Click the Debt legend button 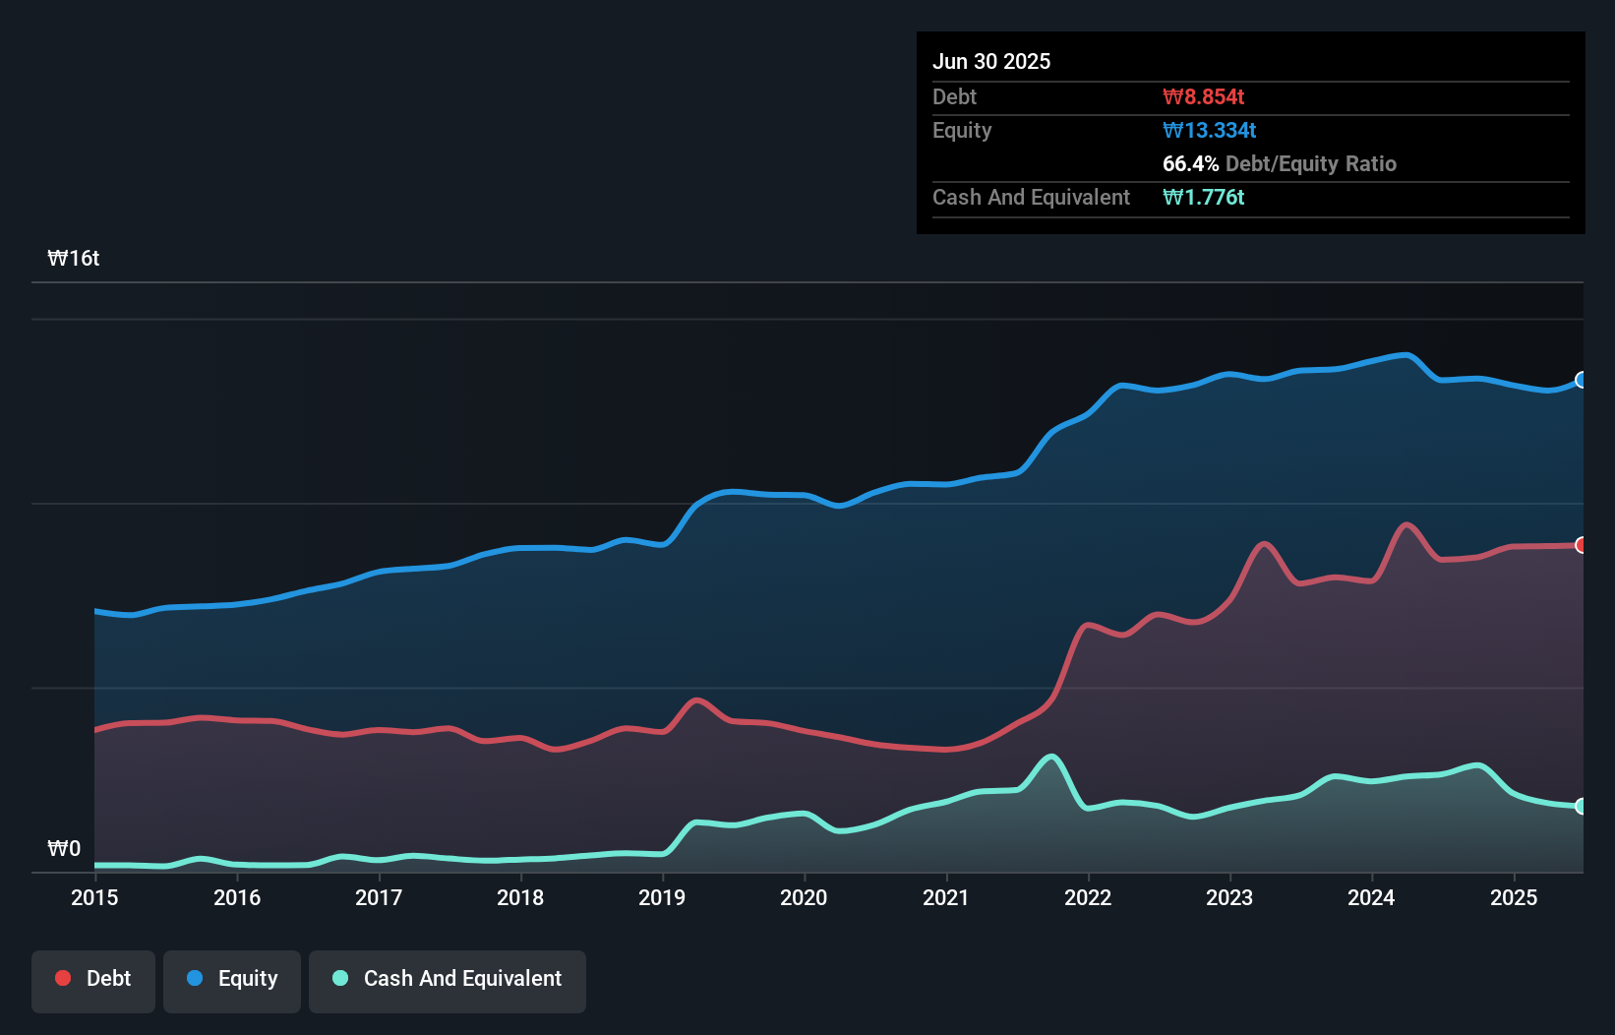pos(93,980)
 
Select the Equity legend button pos(232,980)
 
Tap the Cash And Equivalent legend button pos(448,980)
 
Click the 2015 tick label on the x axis pos(94,897)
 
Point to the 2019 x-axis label pos(662,897)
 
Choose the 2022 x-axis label pos(1088,897)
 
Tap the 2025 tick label pos(1514,897)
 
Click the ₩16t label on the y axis pos(74,259)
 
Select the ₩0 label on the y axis pos(64,848)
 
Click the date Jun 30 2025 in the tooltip pos(991,62)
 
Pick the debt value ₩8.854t pos(1203,97)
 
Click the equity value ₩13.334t pos(1209,131)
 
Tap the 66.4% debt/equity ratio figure pos(1190,164)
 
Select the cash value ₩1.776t pos(1203,198)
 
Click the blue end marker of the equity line pos(1582,380)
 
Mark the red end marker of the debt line pos(1582,545)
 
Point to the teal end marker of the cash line pos(1582,807)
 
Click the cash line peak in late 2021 pos(1051,757)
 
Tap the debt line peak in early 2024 pos(1406,524)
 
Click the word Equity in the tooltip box pos(962,131)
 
